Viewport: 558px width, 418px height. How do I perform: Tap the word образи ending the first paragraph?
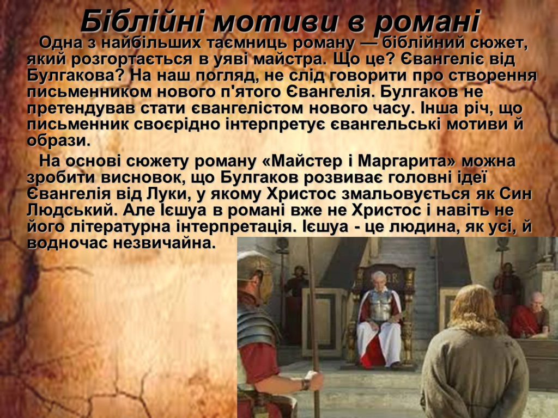[59, 140]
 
